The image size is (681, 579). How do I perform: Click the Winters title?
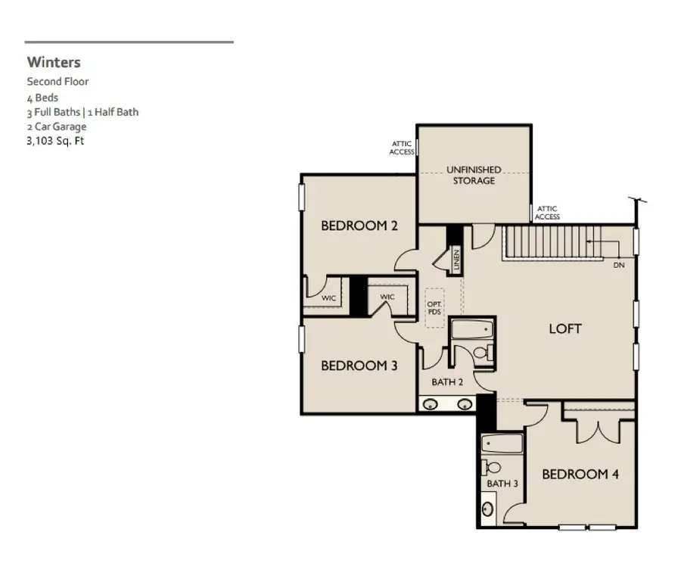[54, 62]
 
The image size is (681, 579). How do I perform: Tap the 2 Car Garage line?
[57, 126]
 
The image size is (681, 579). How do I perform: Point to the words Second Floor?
[58, 81]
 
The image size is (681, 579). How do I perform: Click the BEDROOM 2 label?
[359, 226]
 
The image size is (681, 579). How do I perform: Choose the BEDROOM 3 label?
[359, 366]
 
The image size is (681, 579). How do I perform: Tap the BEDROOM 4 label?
[580, 475]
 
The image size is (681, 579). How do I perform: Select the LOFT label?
[565, 328]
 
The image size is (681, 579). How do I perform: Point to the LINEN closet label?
[457, 258]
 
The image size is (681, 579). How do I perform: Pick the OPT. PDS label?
[434, 307]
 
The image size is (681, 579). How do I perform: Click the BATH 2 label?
[447, 382]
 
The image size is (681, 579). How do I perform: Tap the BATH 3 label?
[502, 484]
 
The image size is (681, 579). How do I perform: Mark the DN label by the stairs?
[618, 266]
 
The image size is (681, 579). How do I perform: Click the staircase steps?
[552, 241]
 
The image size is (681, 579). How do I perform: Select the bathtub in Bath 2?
[471, 331]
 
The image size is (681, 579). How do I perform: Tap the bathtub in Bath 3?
[502, 443]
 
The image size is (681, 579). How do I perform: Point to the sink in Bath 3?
[489, 508]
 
